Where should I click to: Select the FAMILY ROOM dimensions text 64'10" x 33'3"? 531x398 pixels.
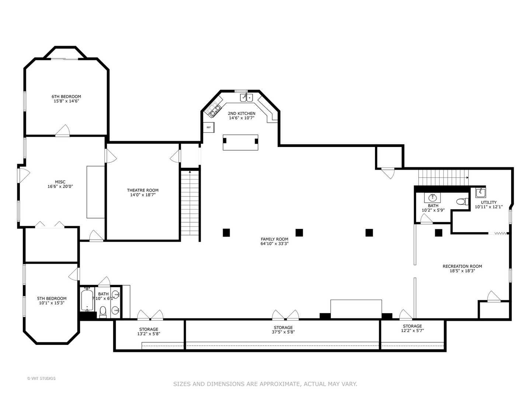pos(274,244)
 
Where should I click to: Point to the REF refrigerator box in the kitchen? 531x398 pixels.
pos(209,128)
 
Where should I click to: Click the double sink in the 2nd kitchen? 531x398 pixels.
pos(246,98)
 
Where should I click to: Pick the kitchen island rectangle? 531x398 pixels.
pos(240,142)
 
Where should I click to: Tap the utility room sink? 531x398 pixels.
pos(480,193)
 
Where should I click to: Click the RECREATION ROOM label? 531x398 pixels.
pos(462,269)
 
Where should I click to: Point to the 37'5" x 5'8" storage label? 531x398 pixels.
pos(283,330)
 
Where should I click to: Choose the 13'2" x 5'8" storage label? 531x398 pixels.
pos(149,332)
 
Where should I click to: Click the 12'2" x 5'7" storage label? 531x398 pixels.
pos(412,328)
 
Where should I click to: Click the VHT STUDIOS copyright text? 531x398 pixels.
pos(41,378)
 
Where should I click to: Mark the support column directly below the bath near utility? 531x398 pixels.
pos(438,233)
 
